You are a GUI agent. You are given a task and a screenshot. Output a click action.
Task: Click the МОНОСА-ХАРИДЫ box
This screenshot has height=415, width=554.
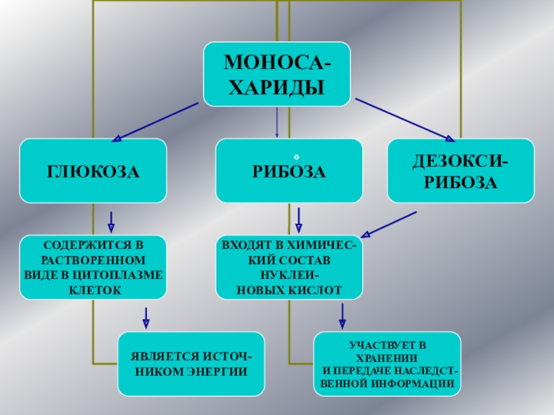(x=276, y=74)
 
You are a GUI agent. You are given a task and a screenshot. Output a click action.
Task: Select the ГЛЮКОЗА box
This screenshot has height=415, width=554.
(x=93, y=171)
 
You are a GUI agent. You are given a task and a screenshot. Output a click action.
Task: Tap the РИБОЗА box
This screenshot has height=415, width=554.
(x=289, y=171)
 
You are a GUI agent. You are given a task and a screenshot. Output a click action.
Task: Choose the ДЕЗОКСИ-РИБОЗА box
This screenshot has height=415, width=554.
(x=461, y=171)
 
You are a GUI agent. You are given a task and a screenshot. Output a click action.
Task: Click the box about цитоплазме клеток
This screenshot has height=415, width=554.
(x=93, y=268)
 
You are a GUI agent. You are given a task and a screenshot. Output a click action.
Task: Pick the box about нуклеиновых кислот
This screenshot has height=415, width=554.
(x=289, y=268)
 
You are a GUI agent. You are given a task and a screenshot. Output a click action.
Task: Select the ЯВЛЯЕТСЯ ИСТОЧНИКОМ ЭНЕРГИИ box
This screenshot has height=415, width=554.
(x=191, y=364)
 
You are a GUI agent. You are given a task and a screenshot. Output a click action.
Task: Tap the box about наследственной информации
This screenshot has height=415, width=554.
(x=387, y=364)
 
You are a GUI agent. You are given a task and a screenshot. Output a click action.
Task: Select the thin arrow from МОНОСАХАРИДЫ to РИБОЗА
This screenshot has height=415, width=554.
(x=277, y=122)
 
